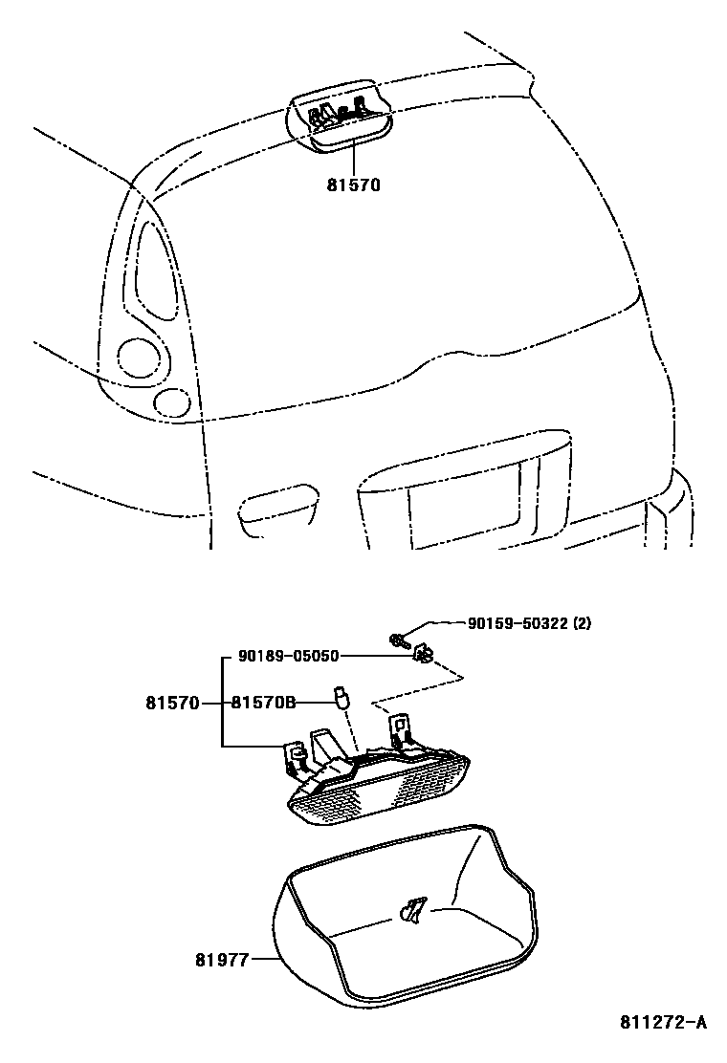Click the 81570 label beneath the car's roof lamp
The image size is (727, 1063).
click(x=353, y=184)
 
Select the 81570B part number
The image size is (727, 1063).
click(x=263, y=703)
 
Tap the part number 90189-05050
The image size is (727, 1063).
click(x=289, y=656)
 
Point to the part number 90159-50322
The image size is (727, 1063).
click(x=518, y=622)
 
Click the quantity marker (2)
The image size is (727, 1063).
click(x=582, y=622)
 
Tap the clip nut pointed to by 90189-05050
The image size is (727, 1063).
click(x=424, y=655)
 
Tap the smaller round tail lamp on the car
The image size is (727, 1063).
click(x=172, y=402)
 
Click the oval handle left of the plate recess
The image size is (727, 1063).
click(x=277, y=503)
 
